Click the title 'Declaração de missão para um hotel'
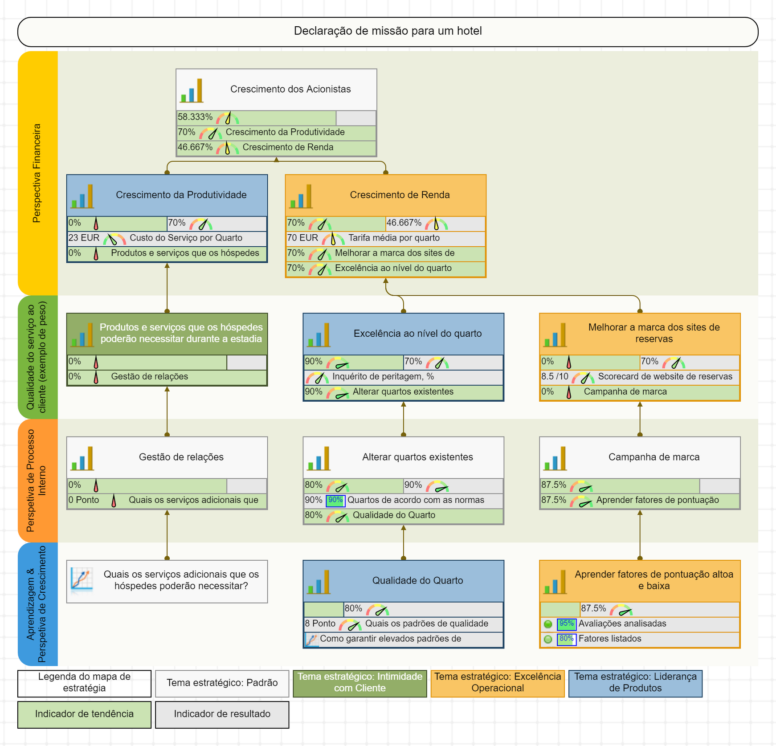tap(388, 31)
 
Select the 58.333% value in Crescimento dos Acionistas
tap(195, 117)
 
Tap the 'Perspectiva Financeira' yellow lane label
tap(37, 173)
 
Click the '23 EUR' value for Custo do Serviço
tap(84, 238)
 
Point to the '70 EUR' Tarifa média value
tap(302, 238)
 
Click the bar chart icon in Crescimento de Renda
tap(301, 196)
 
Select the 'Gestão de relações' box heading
tap(181, 457)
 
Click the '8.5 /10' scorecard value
tap(555, 376)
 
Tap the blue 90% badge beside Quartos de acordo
tap(335, 500)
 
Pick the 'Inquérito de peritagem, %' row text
tap(383, 376)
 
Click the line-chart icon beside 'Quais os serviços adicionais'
tap(82, 580)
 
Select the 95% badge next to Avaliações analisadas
tap(567, 624)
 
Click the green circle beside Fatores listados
tap(548, 639)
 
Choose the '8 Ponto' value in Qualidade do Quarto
tap(320, 624)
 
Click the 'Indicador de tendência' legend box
tap(84, 714)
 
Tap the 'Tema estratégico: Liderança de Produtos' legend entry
tap(635, 682)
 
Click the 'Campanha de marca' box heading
tap(653, 457)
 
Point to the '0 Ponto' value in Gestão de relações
tap(84, 500)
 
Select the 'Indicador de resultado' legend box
tap(222, 714)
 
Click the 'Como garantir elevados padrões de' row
tap(390, 639)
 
